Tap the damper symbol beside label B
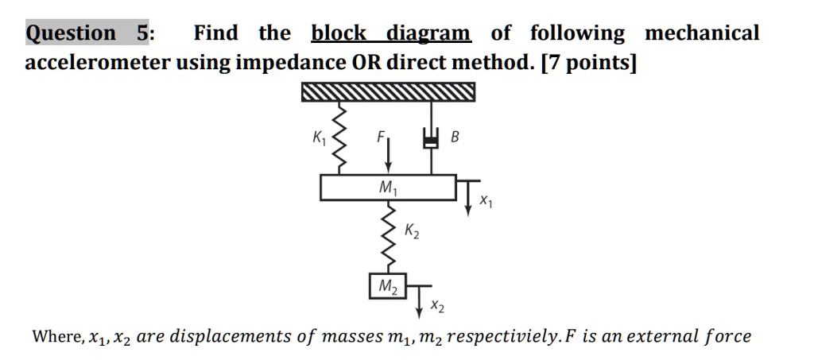tap(432, 139)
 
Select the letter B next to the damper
tap(455, 137)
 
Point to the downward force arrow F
tap(388, 155)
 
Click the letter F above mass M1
tap(380, 136)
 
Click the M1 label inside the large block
tap(388, 188)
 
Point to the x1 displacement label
tap(486, 203)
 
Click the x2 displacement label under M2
tap(437, 305)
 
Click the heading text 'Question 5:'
tap(91, 33)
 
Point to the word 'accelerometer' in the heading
tap(98, 63)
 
